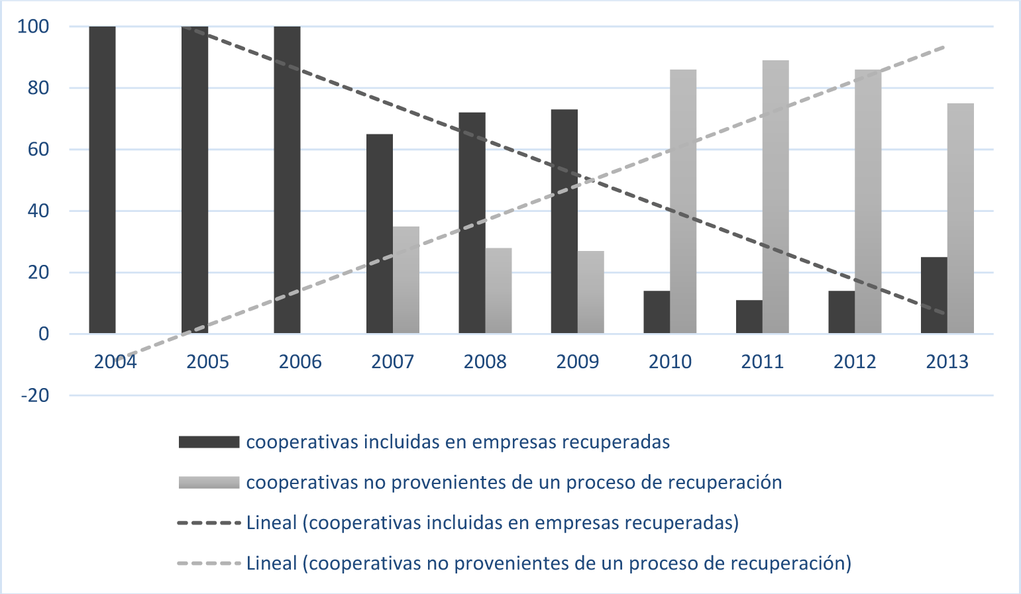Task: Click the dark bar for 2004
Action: (x=102, y=180)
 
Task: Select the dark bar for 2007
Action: (x=380, y=234)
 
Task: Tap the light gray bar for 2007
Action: (x=406, y=280)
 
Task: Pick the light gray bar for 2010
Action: (x=683, y=201)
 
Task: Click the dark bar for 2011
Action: (x=749, y=317)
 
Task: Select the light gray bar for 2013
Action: (x=961, y=219)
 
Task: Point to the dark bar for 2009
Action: (x=564, y=221)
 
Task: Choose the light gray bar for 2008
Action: (x=498, y=291)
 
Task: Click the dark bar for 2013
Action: (x=934, y=295)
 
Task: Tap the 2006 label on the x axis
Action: (x=300, y=362)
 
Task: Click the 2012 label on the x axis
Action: (x=855, y=362)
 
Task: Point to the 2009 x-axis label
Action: (x=578, y=362)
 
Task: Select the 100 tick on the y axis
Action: (x=34, y=26)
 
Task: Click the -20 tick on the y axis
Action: (x=35, y=395)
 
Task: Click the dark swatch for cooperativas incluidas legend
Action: (x=209, y=442)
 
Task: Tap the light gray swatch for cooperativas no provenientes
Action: (x=209, y=483)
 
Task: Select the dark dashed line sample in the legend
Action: (x=209, y=523)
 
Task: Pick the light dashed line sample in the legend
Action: (x=209, y=564)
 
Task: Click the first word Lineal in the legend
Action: (x=272, y=523)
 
